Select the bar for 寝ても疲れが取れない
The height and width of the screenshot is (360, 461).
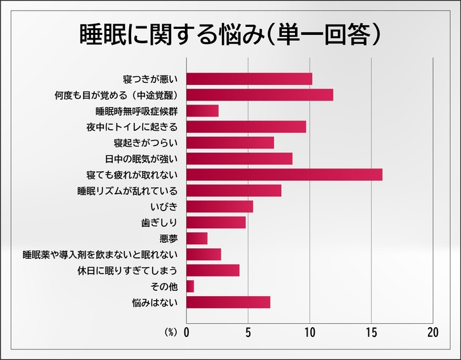point(285,174)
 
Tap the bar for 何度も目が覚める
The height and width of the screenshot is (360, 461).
point(260,95)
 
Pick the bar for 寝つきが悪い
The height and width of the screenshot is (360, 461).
point(250,79)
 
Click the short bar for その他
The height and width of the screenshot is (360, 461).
point(190,286)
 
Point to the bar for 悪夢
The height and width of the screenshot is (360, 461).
point(197,238)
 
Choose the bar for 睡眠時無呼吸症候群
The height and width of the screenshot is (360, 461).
point(203,111)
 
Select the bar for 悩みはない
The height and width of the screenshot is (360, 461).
point(229,302)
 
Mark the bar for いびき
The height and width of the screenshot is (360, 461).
point(220,207)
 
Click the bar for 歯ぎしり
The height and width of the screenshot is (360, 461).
point(217,222)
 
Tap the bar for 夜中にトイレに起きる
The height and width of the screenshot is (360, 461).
point(246,126)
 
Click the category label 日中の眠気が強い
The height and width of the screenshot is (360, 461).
point(142,159)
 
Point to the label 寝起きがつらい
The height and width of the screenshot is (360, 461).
point(146,143)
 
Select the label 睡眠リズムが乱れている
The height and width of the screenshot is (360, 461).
point(128,191)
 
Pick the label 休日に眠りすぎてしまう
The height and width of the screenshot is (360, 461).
point(128,270)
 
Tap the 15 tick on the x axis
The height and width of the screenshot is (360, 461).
point(371,332)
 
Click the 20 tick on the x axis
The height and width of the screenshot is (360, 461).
point(433,332)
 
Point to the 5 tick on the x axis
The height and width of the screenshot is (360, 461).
point(248,332)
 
